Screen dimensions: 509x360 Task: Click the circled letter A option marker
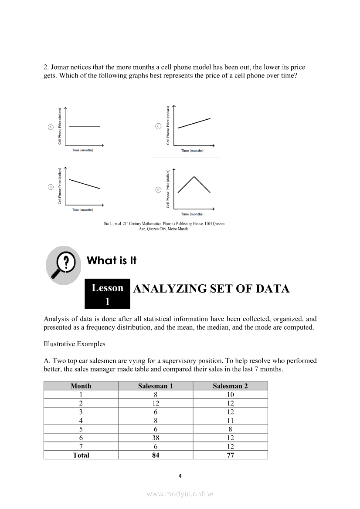[51, 127]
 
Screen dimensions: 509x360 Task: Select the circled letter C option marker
[158, 126]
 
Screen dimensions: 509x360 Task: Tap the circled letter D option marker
[158, 189]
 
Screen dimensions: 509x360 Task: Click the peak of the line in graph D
[194, 176]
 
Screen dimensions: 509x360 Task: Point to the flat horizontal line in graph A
[84, 126]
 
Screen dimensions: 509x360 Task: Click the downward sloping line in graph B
[84, 184]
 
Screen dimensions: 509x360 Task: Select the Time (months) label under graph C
[192, 151]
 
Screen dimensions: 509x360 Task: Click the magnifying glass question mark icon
[64, 265]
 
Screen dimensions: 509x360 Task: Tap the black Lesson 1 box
[107, 294]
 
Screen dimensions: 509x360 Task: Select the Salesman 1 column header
[156, 386]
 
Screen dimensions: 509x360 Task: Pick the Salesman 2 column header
[230, 386]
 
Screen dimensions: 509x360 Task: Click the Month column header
[81, 386]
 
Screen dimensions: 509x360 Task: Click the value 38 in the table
[156, 438]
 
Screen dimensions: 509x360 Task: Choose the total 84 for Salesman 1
[156, 455]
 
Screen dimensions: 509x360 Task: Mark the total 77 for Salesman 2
[230, 455]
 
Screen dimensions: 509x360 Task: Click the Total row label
[81, 455]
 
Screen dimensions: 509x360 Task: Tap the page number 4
[180, 475]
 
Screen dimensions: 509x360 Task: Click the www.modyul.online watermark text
[180, 494]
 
